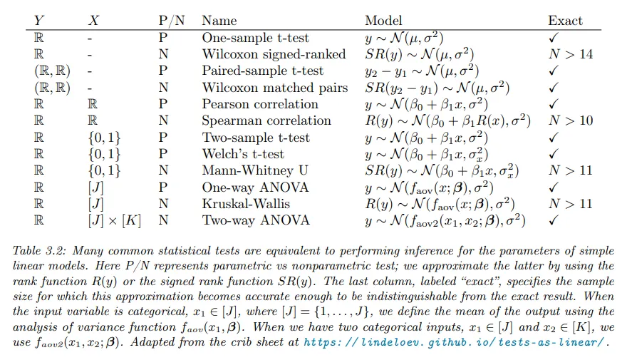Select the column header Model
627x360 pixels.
click(383, 21)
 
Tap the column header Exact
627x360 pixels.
click(565, 21)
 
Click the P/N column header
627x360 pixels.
click(171, 21)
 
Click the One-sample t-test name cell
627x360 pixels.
click(256, 38)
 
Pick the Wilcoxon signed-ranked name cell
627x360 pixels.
click(274, 54)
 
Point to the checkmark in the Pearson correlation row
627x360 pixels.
click(553, 104)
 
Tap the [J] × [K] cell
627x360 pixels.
click(115, 220)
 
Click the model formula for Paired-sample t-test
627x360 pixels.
click(422, 71)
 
